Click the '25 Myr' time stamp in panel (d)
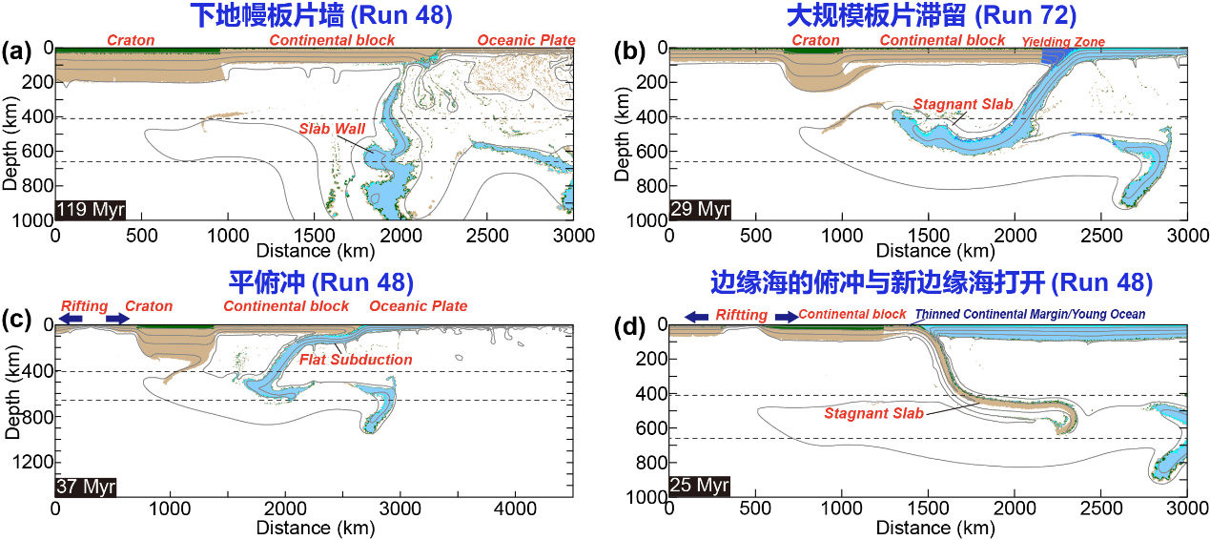click(700, 486)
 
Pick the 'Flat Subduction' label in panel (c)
click(356, 360)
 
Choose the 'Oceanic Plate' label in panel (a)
click(526, 40)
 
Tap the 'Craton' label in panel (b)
click(815, 40)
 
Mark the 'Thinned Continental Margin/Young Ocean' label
click(1030, 314)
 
